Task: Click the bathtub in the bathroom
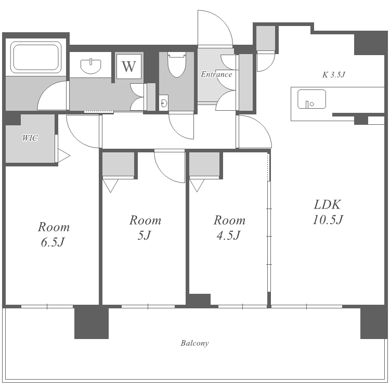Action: (36, 57)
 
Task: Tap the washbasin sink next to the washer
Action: (91, 66)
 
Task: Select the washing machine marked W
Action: (129, 67)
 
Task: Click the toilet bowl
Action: (177, 64)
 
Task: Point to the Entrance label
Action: (216, 74)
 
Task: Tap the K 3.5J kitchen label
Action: (334, 74)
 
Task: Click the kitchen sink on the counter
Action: (311, 99)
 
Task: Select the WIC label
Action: (30, 138)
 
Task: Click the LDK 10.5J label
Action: (328, 212)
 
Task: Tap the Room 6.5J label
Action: (54, 235)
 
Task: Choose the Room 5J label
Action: (145, 228)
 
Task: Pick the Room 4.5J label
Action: (229, 228)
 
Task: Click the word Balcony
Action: (194, 344)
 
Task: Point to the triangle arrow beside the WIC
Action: (63, 156)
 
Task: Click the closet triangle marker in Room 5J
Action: (110, 186)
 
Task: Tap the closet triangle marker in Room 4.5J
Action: (197, 186)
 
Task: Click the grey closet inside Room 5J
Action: (119, 164)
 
